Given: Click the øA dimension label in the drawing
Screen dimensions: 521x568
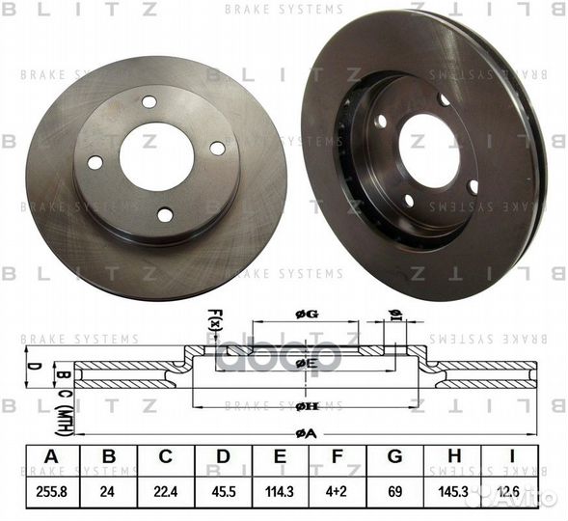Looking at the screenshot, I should click(x=307, y=433).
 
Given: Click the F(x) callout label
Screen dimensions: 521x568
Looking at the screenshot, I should click(x=214, y=319).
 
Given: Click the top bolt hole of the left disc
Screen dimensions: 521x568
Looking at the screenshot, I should click(x=149, y=101).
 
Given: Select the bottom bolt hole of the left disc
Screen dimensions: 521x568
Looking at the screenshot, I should click(x=165, y=214).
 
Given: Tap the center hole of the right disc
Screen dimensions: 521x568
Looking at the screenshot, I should click(x=427, y=150).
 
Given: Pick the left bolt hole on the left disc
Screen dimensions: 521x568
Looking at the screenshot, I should click(x=95, y=162).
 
